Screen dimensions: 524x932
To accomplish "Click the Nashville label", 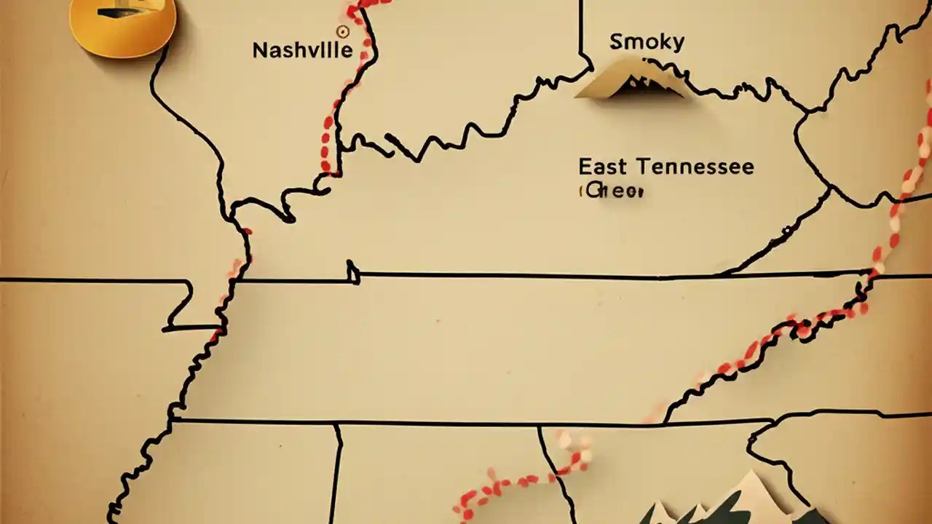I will click(x=302, y=50).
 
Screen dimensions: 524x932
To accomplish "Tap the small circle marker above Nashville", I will click(x=342, y=31).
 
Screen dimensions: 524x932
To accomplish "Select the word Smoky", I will click(x=647, y=42).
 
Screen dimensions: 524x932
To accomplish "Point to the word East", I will click(x=601, y=167).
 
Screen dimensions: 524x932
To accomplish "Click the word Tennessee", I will click(x=695, y=167).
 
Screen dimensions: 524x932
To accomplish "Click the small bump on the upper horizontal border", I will click(x=353, y=272).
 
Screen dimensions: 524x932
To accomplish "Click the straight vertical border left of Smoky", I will click(x=581, y=29).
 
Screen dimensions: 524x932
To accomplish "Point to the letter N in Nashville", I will click(x=259, y=50).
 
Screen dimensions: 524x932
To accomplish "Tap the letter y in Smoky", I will click(x=678, y=44).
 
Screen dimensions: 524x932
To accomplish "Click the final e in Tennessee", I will click(x=748, y=167).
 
